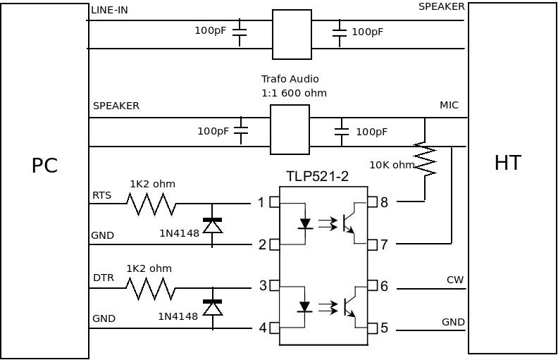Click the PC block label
(x=44, y=166)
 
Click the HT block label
(x=507, y=163)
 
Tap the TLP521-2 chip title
(x=317, y=176)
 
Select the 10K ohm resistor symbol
(x=425, y=160)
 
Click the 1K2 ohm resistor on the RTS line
(x=151, y=204)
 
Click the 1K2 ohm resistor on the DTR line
(x=151, y=288)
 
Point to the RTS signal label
(x=102, y=194)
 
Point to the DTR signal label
(x=103, y=278)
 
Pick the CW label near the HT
(x=455, y=280)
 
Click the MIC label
(x=449, y=105)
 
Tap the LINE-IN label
(x=109, y=10)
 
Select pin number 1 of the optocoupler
(x=261, y=203)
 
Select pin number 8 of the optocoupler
(x=384, y=203)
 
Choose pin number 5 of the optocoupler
(x=384, y=328)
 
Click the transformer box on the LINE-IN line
(x=292, y=35)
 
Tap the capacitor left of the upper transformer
(x=240, y=30)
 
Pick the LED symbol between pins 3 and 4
(x=305, y=307)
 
